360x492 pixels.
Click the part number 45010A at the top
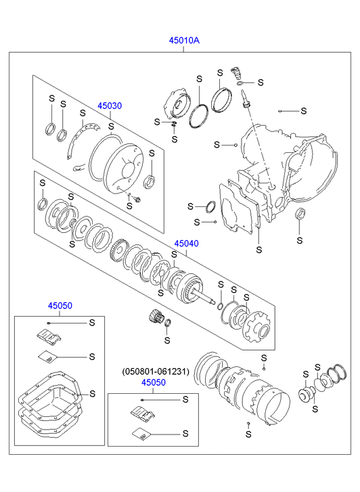pyautogui.click(x=184, y=41)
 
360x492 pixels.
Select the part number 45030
pyautogui.click(x=110, y=106)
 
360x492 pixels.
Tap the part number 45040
pyautogui.click(x=187, y=244)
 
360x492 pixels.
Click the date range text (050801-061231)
pyautogui.click(x=156, y=372)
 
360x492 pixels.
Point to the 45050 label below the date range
pyautogui.click(x=154, y=383)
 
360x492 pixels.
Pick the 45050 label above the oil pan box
pyautogui.click(x=60, y=306)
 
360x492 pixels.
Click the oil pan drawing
pyautogui.click(x=50, y=399)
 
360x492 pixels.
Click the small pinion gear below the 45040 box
pyautogui.click(x=155, y=316)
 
